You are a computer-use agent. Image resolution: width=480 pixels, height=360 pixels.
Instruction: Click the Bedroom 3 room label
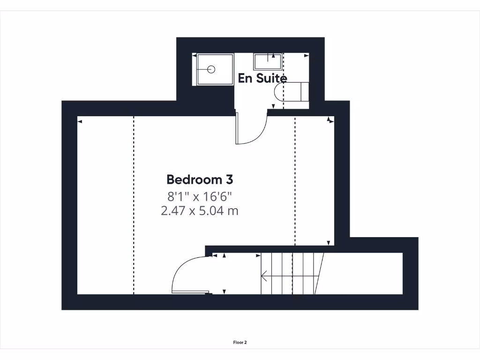pos(200,180)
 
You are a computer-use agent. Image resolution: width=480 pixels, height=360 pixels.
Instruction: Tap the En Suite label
pos(262,78)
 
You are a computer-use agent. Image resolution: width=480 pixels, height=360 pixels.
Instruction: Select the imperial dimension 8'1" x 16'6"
pos(200,195)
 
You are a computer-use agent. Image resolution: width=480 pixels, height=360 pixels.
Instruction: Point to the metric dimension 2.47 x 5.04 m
pos(200,211)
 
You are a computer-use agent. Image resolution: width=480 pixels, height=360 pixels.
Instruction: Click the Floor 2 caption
pos(240,342)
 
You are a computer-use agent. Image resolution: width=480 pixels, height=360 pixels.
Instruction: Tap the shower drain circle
pos(211,69)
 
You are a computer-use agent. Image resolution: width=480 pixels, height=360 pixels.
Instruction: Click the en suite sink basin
pos(268,62)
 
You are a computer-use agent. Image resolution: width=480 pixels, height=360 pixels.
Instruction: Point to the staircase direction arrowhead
pos(264,277)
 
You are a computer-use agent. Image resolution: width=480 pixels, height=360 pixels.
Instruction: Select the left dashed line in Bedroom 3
pos(134,206)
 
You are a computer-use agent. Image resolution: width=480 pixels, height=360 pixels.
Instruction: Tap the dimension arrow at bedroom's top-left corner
pos(80,121)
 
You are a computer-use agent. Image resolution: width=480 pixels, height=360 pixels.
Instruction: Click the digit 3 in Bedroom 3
pos(228,180)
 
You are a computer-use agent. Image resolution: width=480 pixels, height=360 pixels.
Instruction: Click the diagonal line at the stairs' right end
pos(320,274)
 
